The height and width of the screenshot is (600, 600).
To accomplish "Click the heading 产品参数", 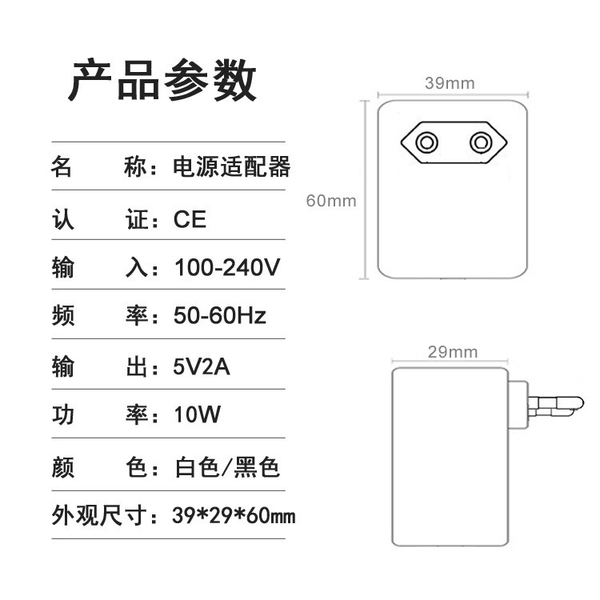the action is click(x=162, y=80).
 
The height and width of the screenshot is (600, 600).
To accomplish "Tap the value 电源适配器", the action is click(x=231, y=167).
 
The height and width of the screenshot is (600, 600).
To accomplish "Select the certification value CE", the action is click(x=190, y=219).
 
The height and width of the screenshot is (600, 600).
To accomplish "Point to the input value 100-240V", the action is click(x=227, y=267).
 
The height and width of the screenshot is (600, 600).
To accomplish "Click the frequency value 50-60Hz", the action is click(x=220, y=315).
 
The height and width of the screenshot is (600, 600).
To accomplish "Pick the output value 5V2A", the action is click(x=202, y=366).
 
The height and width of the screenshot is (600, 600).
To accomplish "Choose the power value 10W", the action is click(x=198, y=414).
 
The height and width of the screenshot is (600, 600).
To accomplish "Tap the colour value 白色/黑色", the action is click(x=227, y=467).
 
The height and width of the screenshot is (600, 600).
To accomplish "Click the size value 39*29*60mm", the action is click(x=234, y=515).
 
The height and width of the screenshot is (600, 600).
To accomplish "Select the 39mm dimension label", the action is click(x=450, y=83).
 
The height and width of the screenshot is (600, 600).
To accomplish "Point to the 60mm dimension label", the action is click(x=331, y=201).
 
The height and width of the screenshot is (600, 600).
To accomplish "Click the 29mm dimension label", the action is click(x=453, y=352).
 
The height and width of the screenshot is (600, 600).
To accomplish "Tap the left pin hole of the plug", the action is click(x=426, y=142).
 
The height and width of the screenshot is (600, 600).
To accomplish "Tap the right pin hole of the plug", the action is click(x=481, y=142).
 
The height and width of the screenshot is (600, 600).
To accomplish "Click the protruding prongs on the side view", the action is click(x=556, y=406).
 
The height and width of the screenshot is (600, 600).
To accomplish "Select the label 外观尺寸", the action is click(x=99, y=515).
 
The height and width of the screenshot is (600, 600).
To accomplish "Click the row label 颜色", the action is click(x=100, y=467).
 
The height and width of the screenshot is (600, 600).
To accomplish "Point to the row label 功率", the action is click(x=100, y=414).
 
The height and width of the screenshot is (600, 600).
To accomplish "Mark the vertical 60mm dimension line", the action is click(x=364, y=190).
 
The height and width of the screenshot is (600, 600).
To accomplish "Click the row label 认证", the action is click(x=100, y=219).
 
